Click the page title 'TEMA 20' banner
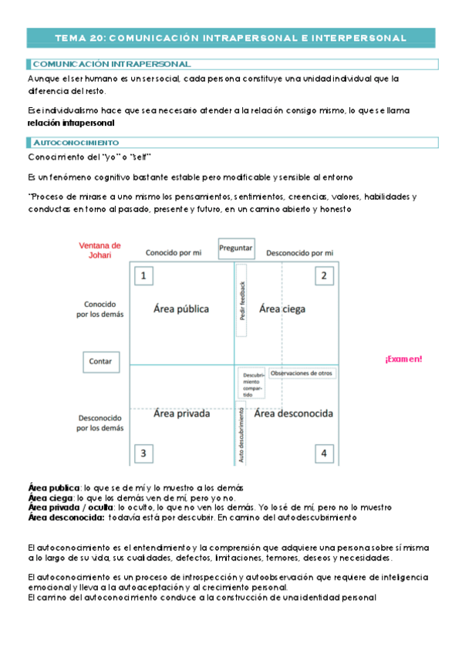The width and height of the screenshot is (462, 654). point(231,37)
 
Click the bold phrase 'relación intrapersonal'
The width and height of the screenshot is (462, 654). point(71,123)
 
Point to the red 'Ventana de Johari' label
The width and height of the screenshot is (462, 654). point(100,251)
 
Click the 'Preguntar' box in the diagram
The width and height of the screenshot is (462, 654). point(236,248)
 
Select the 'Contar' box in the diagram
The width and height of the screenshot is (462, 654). point(101,361)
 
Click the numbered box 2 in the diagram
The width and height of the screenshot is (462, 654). point(324,276)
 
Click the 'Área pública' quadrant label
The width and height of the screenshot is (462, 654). point(181,309)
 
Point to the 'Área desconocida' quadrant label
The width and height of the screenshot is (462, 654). point(294,414)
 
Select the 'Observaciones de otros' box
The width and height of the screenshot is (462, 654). point(302,373)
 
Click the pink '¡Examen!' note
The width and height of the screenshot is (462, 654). point(403,359)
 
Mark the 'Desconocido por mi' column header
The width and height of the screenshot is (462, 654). point(300,253)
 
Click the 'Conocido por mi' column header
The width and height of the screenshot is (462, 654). point(174,253)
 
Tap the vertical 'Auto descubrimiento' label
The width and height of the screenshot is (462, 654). point(241,434)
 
